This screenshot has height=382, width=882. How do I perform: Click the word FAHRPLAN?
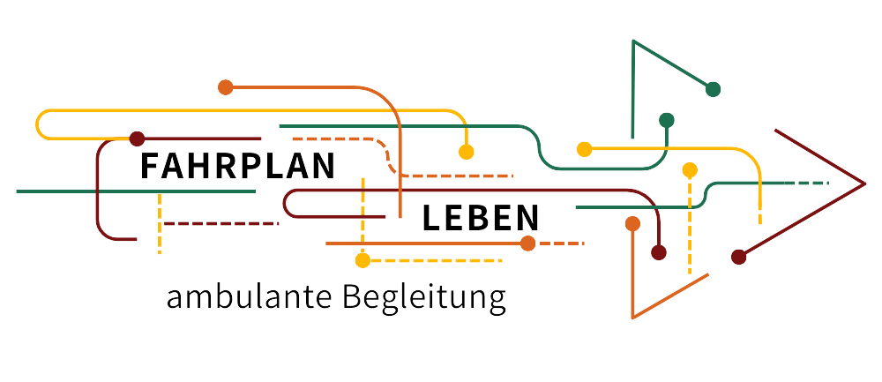pyautogui.click(x=238, y=167)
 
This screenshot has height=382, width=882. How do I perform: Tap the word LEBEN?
pyautogui.click(x=481, y=218)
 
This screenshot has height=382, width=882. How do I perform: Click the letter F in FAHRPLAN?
pyautogui.click(x=150, y=167)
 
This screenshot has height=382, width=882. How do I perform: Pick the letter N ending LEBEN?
pyautogui.click(x=527, y=218)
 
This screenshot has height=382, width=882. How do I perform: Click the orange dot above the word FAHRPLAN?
pyautogui.click(x=226, y=86)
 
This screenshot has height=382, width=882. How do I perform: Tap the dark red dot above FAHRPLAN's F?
pyautogui.click(x=137, y=139)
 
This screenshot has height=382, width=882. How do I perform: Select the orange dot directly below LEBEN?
pyautogui.click(x=527, y=243)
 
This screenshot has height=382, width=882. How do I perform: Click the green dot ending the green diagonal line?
pyautogui.click(x=714, y=88)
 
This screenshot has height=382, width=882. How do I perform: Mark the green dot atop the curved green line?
pyautogui.click(x=667, y=120)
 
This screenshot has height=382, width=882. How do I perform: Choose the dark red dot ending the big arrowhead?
pyautogui.click(x=739, y=257)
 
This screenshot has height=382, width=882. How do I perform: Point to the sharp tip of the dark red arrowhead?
pyautogui.click(x=864, y=184)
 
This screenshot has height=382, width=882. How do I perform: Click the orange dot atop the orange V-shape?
pyautogui.click(x=632, y=223)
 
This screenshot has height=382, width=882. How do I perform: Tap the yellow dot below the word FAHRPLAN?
pyautogui.click(x=362, y=260)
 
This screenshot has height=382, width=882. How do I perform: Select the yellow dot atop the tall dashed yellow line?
pyautogui.click(x=690, y=169)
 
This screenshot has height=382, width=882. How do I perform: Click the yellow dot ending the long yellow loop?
pyautogui.click(x=467, y=152)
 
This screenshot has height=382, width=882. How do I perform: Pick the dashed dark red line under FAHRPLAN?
pyautogui.click(x=220, y=223)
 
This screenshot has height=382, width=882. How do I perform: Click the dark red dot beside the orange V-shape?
pyautogui.click(x=658, y=252)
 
